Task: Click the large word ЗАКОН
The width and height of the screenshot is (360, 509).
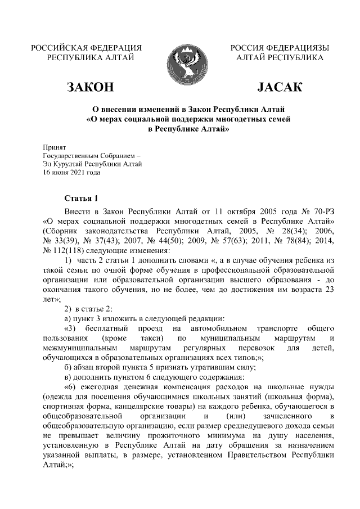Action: pos(90,87)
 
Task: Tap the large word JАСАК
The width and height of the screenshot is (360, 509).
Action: pos(279,87)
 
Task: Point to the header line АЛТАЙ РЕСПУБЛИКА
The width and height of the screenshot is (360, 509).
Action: pos(280,57)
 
